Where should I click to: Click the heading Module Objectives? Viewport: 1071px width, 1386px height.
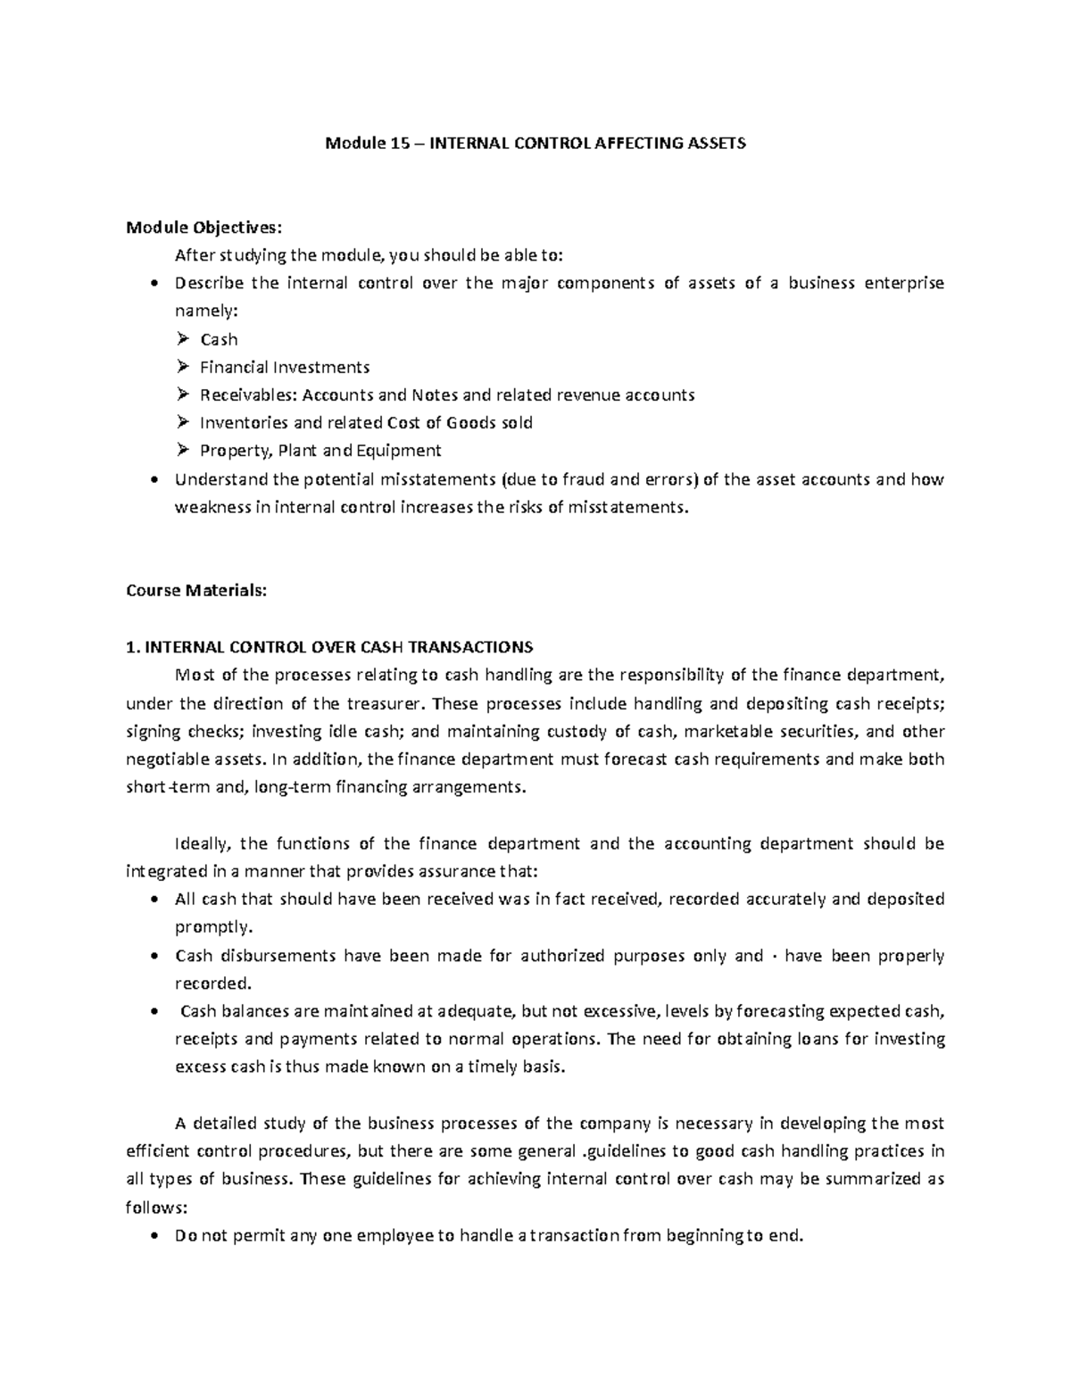tap(196, 227)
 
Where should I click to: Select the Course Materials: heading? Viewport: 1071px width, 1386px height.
tap(196, 590)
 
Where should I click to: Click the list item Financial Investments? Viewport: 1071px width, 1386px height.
tap(285, 367)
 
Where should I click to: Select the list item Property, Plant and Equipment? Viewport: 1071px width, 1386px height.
tap(320, 451)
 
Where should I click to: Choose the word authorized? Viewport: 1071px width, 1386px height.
tap(563, 956)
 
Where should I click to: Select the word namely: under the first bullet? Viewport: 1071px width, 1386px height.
tap(207, 311)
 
